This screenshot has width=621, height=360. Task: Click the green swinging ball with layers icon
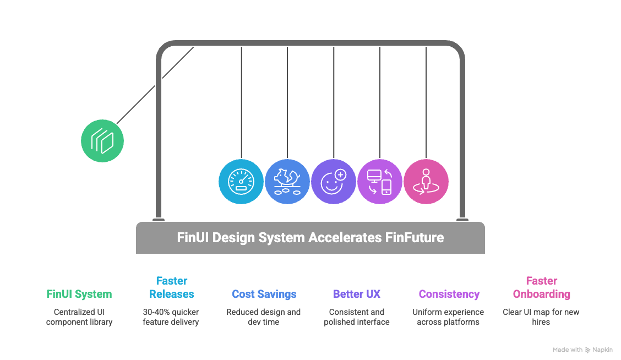102,141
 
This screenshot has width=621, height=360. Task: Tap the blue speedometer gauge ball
241,182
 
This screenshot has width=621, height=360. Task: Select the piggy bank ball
287,182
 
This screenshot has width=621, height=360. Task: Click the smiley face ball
334,182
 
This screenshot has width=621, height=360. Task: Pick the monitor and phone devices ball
380,182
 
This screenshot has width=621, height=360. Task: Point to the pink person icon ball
426,182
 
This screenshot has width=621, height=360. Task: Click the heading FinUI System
79,294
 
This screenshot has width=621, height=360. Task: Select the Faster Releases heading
171,287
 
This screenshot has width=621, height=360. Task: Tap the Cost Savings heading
264,294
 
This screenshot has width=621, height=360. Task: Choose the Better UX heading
357,294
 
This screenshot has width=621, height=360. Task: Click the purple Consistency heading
449,294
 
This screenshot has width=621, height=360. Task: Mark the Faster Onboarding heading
541,287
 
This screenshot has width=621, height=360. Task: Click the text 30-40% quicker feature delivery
171,317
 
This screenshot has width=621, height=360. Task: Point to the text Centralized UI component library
79,317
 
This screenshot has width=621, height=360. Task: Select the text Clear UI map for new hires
541,317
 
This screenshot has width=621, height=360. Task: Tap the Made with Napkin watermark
582,350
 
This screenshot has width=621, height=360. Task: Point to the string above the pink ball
426,99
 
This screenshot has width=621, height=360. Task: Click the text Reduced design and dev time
264,317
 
